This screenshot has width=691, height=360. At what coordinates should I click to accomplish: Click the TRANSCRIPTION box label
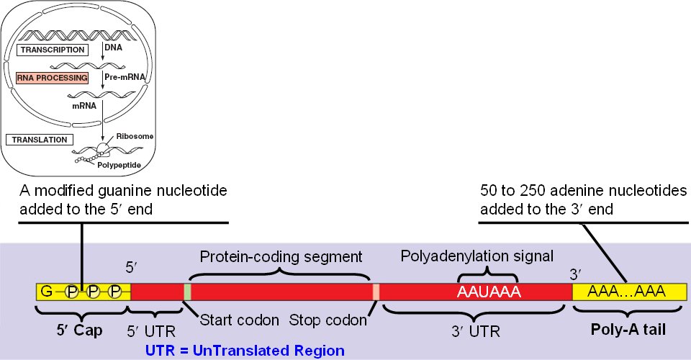(52, 50)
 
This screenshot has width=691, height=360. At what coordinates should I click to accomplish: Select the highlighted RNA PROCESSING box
(52, 76)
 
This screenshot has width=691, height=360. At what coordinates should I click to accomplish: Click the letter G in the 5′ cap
(46, 292)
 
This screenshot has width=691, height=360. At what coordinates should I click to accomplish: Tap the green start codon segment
(188, 292)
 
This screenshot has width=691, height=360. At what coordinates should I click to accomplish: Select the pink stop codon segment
(376, 292)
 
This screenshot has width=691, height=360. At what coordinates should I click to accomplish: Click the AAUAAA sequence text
(489, 292)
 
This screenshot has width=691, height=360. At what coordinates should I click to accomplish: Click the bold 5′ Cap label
(81, 331)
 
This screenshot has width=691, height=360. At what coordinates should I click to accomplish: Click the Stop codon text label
(328, 319)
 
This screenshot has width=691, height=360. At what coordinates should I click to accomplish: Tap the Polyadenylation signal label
(477, 256)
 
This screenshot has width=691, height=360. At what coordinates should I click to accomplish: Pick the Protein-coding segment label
(280, 256)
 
